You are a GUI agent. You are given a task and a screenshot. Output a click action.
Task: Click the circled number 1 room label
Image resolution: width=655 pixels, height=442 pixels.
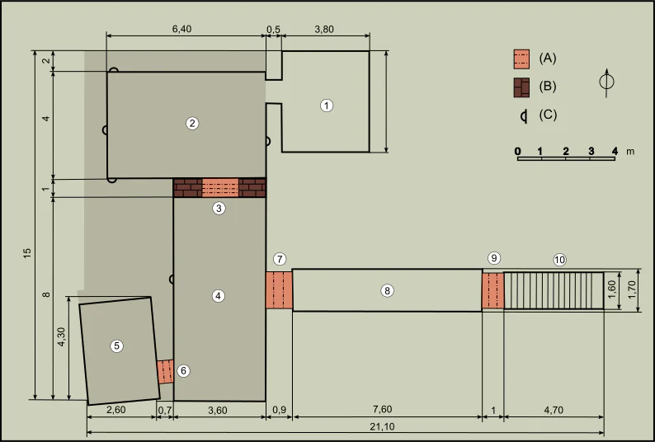(326, 106)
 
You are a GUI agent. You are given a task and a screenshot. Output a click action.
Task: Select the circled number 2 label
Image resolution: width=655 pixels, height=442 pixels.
(192, 123)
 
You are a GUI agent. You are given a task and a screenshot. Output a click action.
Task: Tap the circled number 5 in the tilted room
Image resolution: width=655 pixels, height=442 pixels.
(116, 346)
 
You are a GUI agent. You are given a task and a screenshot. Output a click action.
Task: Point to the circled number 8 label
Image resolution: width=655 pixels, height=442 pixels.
(387, 290)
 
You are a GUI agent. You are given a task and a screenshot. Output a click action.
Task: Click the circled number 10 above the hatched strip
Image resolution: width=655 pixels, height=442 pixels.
(560, 260)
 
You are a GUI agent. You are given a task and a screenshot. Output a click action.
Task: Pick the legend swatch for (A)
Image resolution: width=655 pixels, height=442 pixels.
(521, 59)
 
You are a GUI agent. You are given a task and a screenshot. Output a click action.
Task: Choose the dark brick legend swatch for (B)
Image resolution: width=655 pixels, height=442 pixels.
(521, 87)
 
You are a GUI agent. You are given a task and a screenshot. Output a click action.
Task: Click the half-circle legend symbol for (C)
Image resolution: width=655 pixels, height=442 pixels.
(524, 116)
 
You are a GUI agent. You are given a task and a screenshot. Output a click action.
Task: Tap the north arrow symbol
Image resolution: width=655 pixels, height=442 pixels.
(606, 82)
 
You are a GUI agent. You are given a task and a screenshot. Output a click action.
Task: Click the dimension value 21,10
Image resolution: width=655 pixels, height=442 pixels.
(382, 427)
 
